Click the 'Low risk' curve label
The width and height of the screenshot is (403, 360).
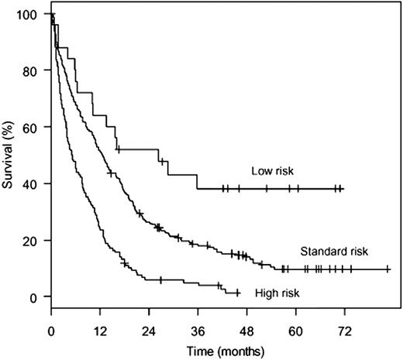click(272, 171)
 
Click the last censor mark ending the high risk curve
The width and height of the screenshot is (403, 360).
click(238, 293)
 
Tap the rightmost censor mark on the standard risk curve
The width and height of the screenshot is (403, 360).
click(387, 269)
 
